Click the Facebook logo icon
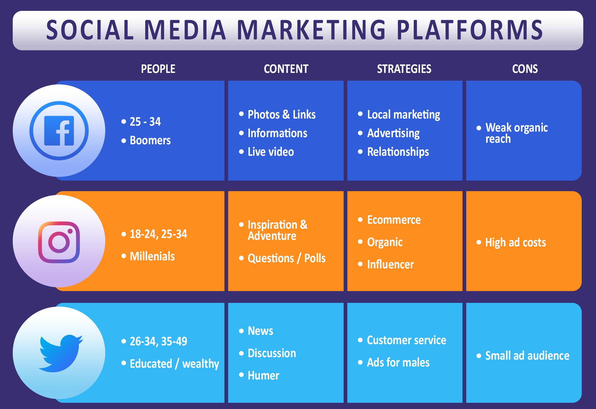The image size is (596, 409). point(59,131)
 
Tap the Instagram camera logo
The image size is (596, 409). point(59,242)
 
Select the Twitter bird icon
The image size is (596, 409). point(61,353)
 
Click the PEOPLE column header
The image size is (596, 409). point(158,69)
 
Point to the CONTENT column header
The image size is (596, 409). point(286,69)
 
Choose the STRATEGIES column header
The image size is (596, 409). point(404,69)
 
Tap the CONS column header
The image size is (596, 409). point(525,69)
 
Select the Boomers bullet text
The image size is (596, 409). point(150,141)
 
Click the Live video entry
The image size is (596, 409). point(271,152)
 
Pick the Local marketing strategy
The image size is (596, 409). point(404,115)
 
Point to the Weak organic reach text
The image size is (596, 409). point(517,133)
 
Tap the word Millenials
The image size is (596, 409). point(152,256)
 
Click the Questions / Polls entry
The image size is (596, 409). point(287,258)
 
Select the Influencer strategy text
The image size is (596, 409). point(391,264)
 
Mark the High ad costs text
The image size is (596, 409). point(516,243)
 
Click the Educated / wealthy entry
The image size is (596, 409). point(174,364)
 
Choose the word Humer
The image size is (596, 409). point(264,375)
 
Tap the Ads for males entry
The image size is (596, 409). point(398,362)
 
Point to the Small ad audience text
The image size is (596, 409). point(527,356)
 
